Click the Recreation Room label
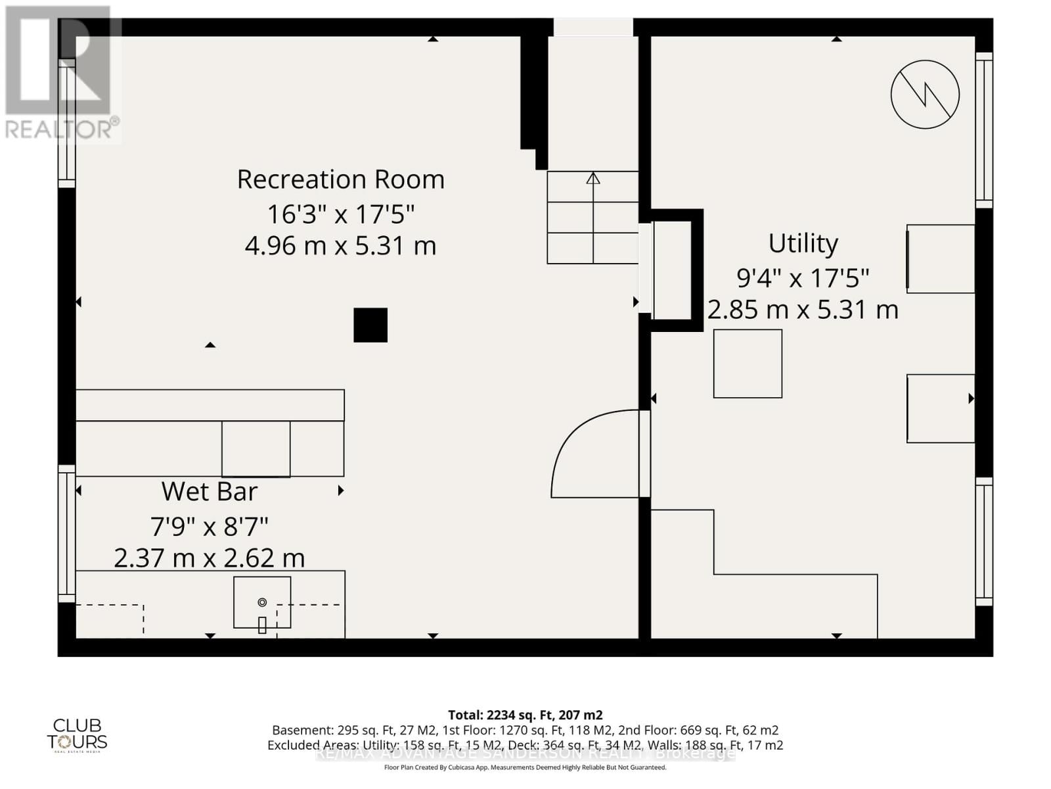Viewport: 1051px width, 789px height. tap(340, 179)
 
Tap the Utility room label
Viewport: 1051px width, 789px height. tap(803, 243)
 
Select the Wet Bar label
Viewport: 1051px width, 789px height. tap(209, 492)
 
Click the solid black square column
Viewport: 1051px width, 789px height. tap(370, 325)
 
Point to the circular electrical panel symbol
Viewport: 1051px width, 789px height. tap(925, 94)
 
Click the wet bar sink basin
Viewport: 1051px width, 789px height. tap(262, 602)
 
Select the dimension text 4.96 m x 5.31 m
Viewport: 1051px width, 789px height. tap(340, 246)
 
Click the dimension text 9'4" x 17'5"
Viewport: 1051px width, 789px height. tap(803, 278)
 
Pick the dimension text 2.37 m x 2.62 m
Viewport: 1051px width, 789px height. tap(209, 558)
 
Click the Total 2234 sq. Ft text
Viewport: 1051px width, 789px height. tap(525, 715)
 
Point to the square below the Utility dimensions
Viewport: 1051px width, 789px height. tap(748, 364)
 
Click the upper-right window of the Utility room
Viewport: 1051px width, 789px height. tap(983, 130)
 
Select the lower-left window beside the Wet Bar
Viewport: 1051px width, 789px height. tap(66, 533)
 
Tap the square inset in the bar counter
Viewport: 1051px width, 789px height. tap(256, 449)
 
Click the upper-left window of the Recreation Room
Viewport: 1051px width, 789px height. tap(66, 123)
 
